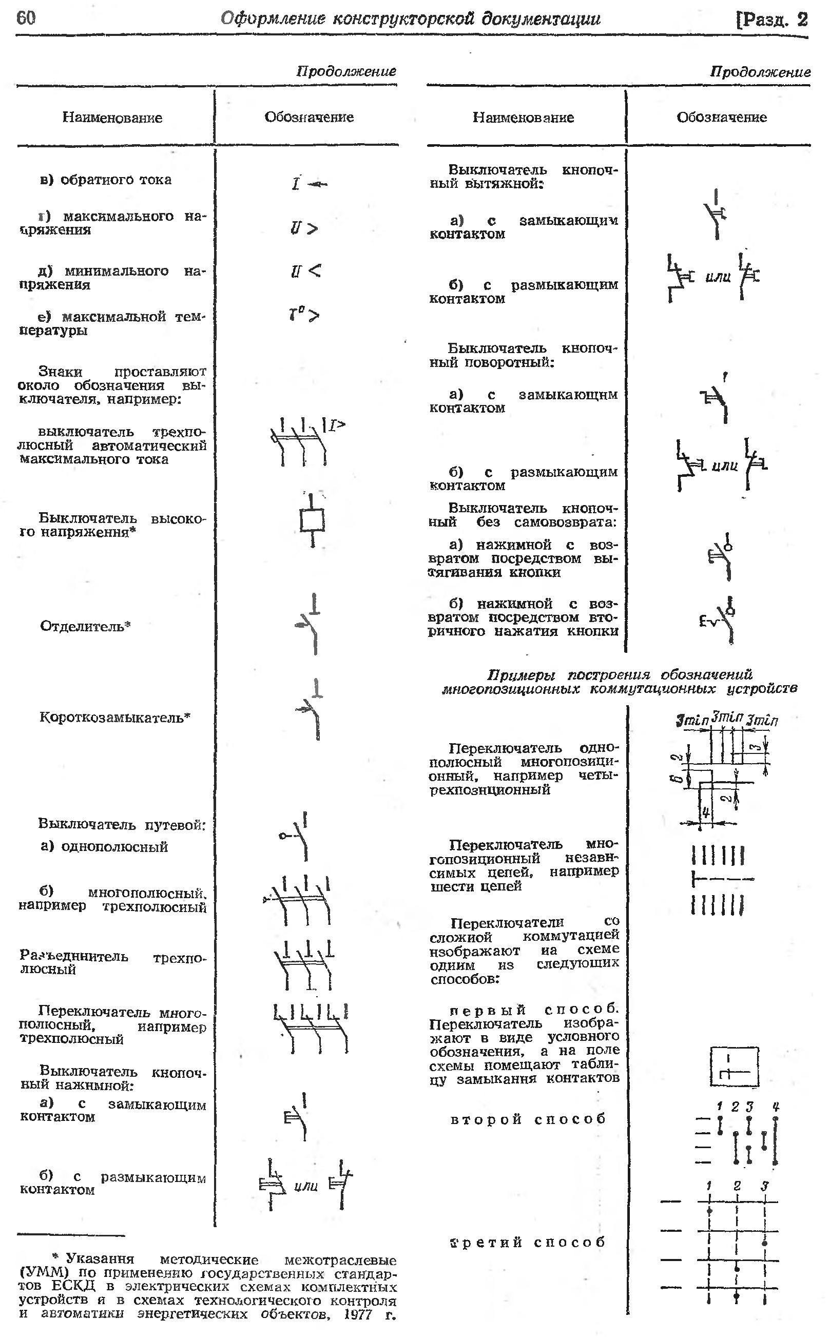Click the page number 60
pos(26,18)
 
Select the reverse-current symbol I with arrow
pos(308,184)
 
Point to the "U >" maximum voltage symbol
pos(304,227)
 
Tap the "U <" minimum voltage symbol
pos(305,271)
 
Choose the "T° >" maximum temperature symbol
pos(304,315)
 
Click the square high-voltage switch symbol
pos(312,520)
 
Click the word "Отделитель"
pos(82,626)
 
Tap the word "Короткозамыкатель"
pos(112,717)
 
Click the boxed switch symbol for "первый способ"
pos(734,1067)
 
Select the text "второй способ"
pos(528,1119)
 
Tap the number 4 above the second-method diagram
pos(775,1107)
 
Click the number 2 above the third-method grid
pos(737,1186)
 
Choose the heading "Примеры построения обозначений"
pos(620,674)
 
